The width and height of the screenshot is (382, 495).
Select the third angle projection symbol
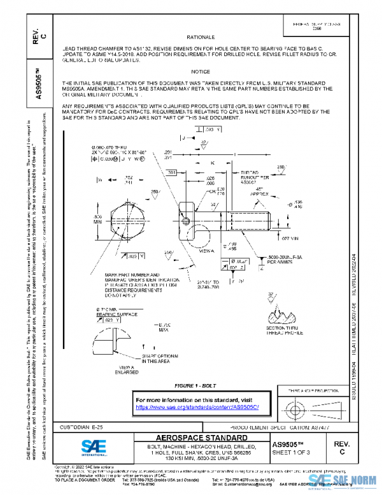[307, 408]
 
